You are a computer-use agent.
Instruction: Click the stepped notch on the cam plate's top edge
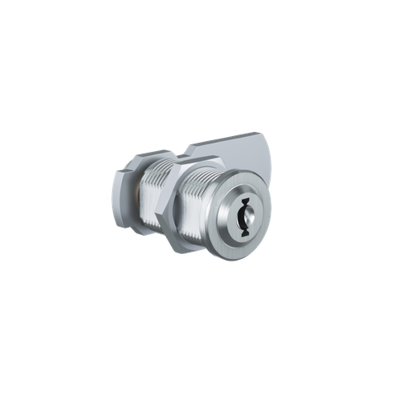[x=187, y=148]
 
